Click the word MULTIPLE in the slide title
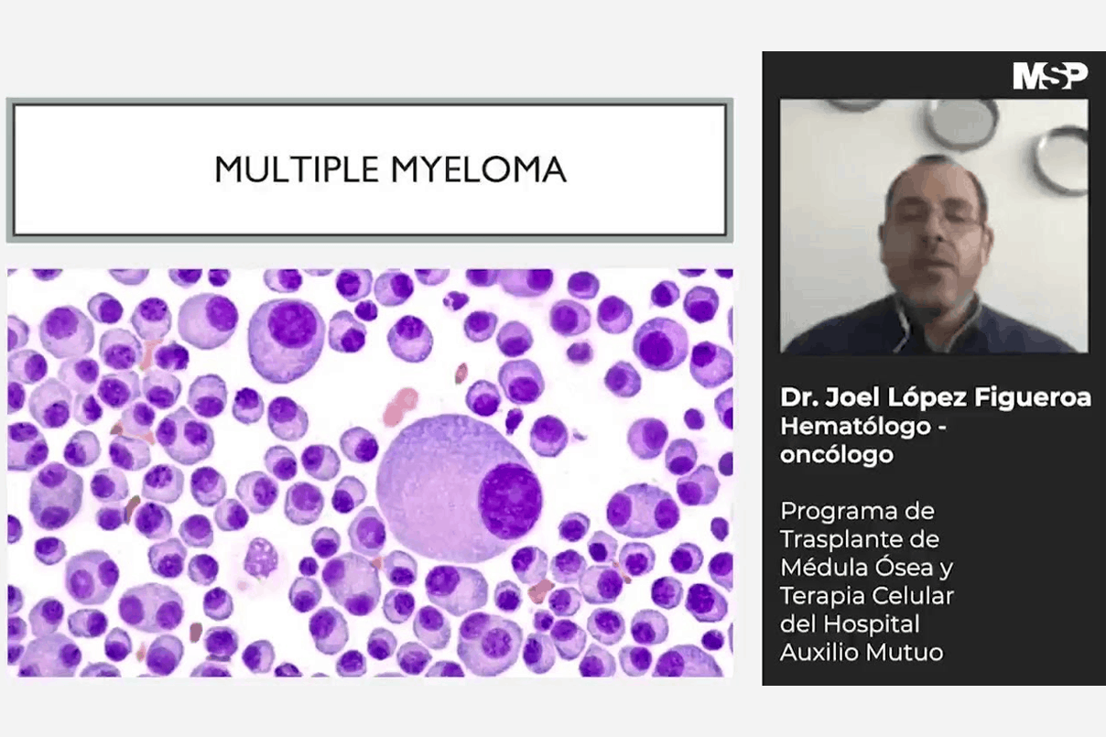click(x=298, y=169)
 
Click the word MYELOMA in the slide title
click(x=479, y=169)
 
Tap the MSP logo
click(x=1050, y=76)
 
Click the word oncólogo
click(x=837, y=455)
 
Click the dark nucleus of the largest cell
click(x=510, y=501)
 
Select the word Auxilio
click(x=819, y=653)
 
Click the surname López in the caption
click(x=927, y=398)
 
